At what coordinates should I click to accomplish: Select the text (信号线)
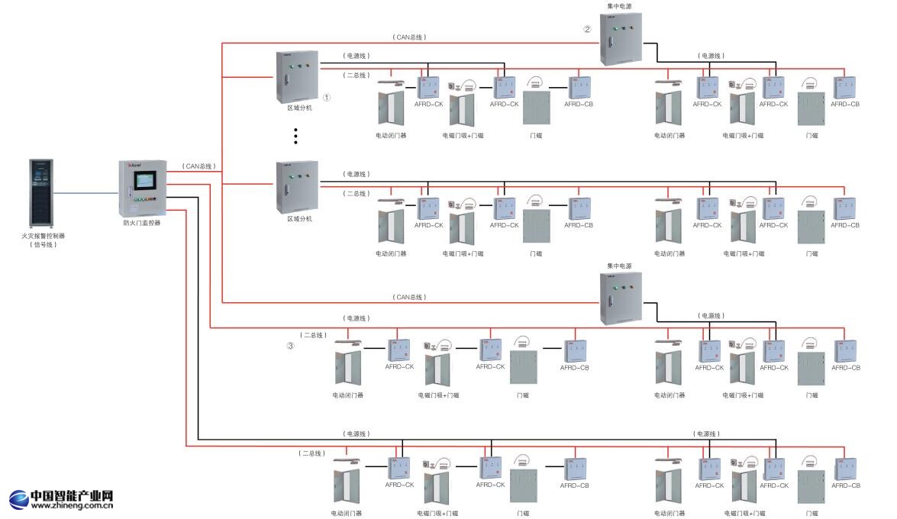coord(44,245)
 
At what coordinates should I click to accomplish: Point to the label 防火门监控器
coord(142,224)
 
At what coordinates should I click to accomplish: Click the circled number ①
coord(327,98)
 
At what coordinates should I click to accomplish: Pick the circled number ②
coord(587,30)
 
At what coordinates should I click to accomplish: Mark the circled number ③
coord(290,346)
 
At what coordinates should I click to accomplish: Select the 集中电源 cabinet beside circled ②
coord(620,38)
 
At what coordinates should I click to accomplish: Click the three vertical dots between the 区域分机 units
coord(295,136)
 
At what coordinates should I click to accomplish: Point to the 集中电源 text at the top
coord(619,6)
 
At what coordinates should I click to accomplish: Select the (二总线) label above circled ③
coord(313,335)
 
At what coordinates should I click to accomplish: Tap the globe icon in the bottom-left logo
coord(18,500)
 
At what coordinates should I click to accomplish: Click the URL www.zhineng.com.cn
coord(73,504)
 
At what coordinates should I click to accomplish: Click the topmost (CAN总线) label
coord(409,37)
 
